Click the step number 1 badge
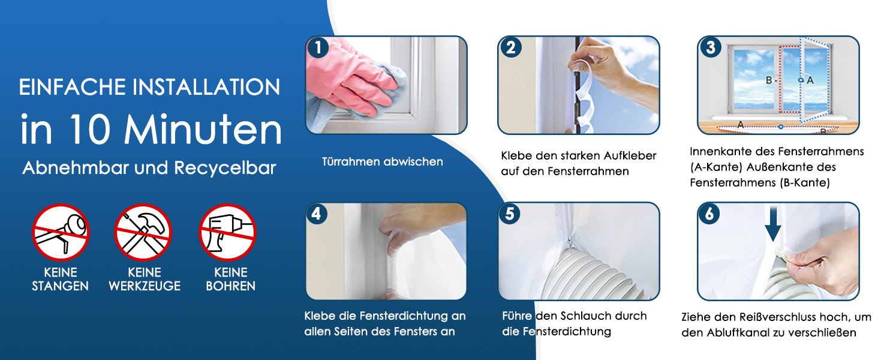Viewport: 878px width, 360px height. [x=318, y=48]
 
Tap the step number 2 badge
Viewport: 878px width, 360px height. [x=511, y=48]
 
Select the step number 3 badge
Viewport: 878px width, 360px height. [x=711, y=48]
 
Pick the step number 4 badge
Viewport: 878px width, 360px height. [x=316, y=214]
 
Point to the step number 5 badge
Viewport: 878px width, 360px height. [x=510, y=214]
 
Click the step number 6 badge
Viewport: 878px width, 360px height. [x=709, y=214]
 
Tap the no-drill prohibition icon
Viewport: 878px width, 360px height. [x=228, y=233]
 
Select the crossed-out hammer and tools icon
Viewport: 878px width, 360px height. [x=143, y=233]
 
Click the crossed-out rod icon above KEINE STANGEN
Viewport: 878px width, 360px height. [x=61, y=233]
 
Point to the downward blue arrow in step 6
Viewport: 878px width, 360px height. [x=772, y=224]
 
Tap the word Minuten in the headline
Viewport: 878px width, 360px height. [x=203, y=130]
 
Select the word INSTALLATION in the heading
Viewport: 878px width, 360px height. [x=206, y=87]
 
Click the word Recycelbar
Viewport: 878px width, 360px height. [x=225, y=168]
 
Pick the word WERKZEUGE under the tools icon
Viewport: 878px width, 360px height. [x=145, y=286]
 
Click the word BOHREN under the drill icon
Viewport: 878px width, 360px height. [x=230, y=286]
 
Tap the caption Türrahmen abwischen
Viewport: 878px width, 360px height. [x=382, y=161]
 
